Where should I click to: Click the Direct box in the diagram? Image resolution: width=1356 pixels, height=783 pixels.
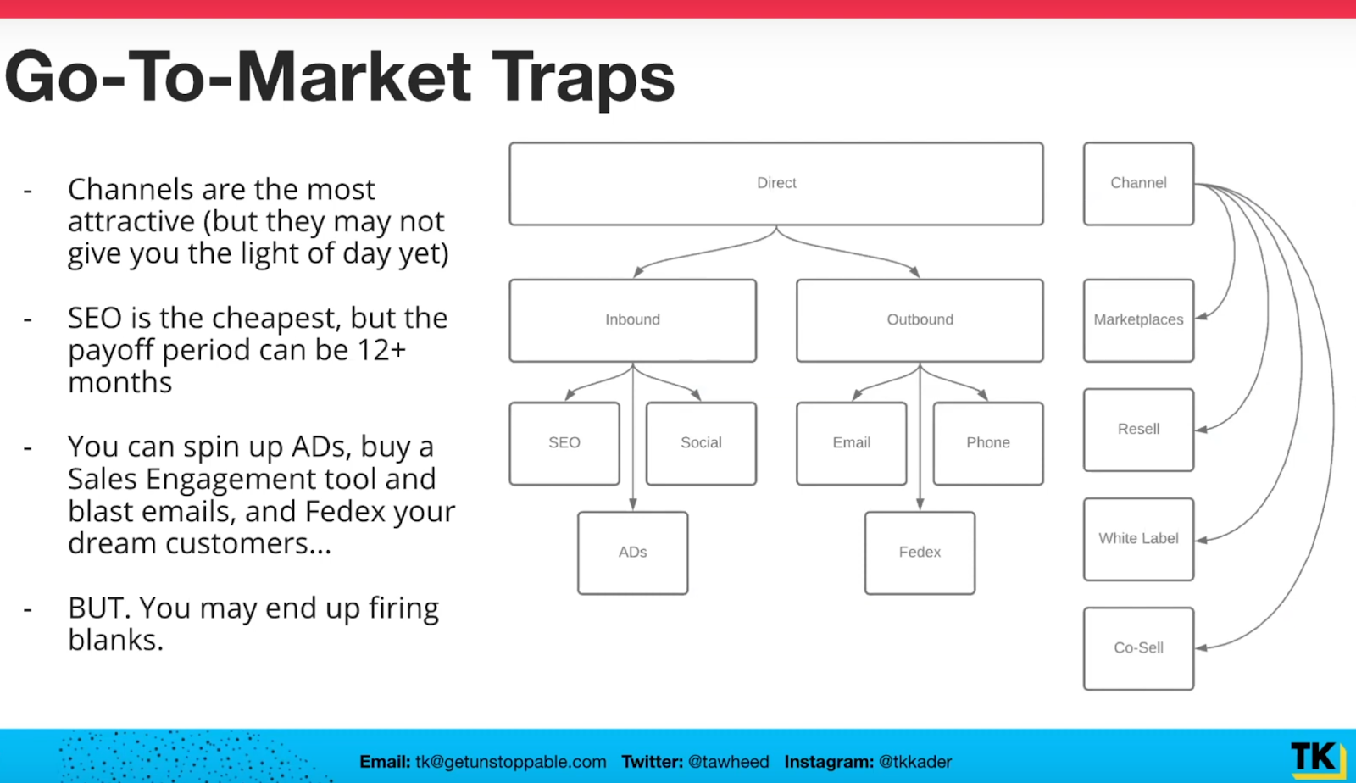[776, 183]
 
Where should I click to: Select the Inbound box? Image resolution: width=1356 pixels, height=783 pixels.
[632, 320]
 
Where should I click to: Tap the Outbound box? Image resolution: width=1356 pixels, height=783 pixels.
[920, 320]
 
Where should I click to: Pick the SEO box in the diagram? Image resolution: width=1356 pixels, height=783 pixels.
[564, 443]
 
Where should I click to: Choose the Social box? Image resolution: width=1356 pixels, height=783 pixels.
[701, 443]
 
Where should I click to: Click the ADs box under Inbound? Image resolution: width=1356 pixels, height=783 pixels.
[632, 553]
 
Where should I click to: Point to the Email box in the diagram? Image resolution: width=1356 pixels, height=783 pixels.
[851, 443]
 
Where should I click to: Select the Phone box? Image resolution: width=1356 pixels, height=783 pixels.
[988, 443]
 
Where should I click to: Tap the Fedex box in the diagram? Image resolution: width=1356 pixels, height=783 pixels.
[920, 553]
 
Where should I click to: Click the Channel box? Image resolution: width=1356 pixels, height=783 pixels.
[1138, 183]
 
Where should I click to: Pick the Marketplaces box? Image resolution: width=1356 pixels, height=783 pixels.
[1138, 320]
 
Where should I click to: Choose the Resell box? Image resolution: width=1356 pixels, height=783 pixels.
[1138, 430]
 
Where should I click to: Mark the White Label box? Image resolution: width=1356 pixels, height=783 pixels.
[1138, 539]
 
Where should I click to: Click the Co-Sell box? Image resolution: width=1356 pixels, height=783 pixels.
[1138, 648]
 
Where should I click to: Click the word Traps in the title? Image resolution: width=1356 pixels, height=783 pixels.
[583, 79]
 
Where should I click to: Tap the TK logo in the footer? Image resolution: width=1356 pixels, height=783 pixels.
[1318, 758]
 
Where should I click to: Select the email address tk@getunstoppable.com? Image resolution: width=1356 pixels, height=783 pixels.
[511, 762]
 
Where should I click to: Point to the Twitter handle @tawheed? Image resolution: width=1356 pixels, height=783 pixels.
[729, 762]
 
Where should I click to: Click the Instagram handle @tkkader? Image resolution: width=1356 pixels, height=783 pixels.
[915, 762]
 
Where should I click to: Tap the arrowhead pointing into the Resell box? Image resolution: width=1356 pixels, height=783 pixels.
[1201, 430]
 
